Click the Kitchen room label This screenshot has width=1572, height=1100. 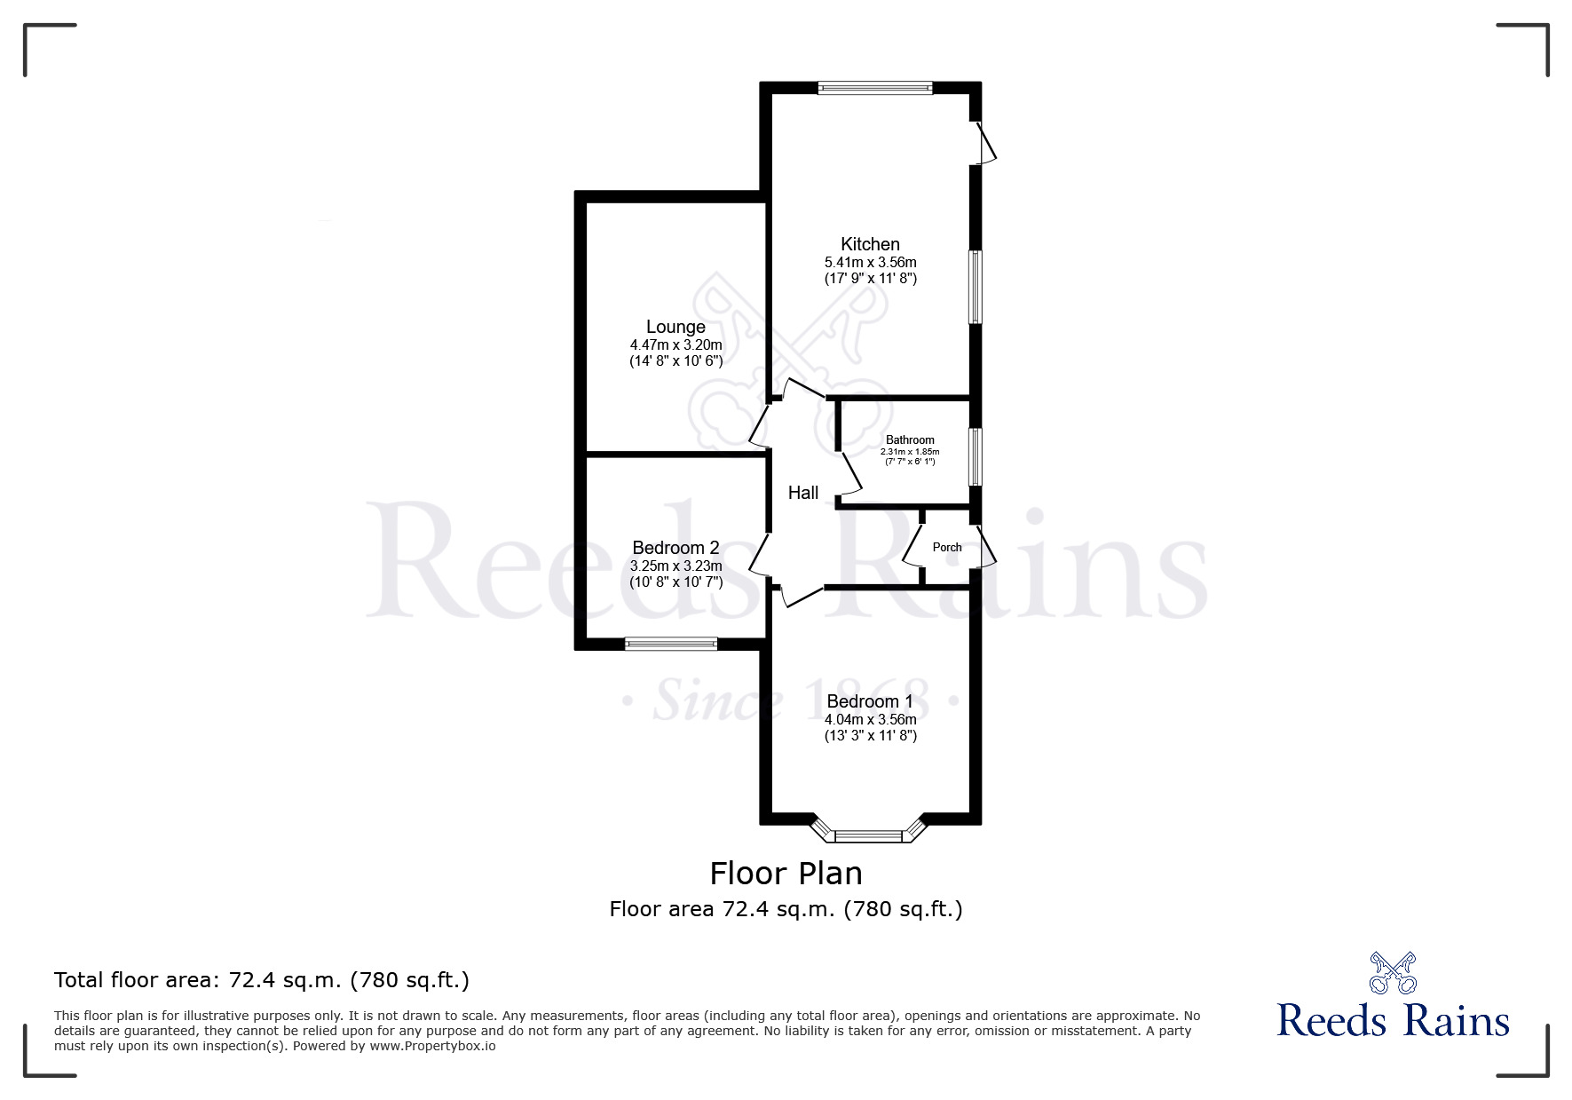[x=870, y=244]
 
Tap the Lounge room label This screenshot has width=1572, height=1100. [x=675, y=328]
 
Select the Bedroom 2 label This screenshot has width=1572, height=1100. [x=675, y=548]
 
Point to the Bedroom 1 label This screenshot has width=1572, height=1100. [x=870, y=701]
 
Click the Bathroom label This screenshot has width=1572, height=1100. [x=910, y=440]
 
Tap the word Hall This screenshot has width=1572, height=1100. [x=803, y=493]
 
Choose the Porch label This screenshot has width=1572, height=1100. [x=947, y=548]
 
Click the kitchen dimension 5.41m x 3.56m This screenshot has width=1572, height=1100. [x=870, y=263]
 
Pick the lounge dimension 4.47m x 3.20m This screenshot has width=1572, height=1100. [x=675, y=345]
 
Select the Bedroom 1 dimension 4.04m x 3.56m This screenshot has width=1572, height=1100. [x=870, y=720]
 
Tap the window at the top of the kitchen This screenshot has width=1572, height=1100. [x=874, y=88]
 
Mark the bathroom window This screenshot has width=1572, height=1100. [x=976, y=457]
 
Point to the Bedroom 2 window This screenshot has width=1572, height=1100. [x=671, y=644]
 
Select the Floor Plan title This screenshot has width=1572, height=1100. [x=786, y=874]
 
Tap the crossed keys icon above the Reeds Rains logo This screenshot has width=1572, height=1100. [x=1393, y=973]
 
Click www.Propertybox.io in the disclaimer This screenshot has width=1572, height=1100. [x=432, y=1046]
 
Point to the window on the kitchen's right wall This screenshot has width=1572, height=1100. [x=976, y=287]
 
